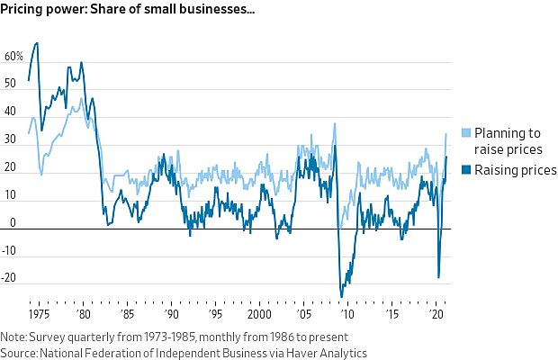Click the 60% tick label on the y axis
pyautogui.click(x=13, y=56)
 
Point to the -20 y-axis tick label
pyautogui.click(x=12, y=279)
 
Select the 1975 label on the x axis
pyautogui.click(x=38, y=315)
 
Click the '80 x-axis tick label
pyautogui.click(x=84, y=315)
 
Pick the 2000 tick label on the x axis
pyautogui.click(x=258, y=315)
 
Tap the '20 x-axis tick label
pyautogui.click(x=436, y=315)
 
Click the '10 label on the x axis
pyautogui.click(x=347, y=315)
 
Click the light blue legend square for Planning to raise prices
pyautogui.click(x=465, y=133)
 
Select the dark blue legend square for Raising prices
pyautogui.click(x=465, y=170)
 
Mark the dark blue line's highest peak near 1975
pyautogui.click(x=36, y=43)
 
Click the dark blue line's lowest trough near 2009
pyautogui.click(x=341, y=296)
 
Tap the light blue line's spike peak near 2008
pyautogui.click(x=335, y=123)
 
